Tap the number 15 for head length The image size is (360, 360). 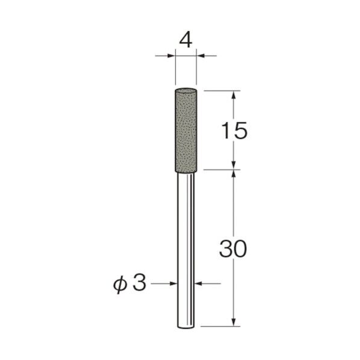(x=233, y=131)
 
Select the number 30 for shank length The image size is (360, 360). (x=233, y=249)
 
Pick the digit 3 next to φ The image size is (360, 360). (x=140, y=284)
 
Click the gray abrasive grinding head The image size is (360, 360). (x=186, y=129)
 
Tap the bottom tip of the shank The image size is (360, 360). (x=186, y=327)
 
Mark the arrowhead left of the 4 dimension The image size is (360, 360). (x=171, y=56)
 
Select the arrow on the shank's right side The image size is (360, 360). (x=200, y=284)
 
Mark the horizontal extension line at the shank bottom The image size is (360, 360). (x=220, y=327)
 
